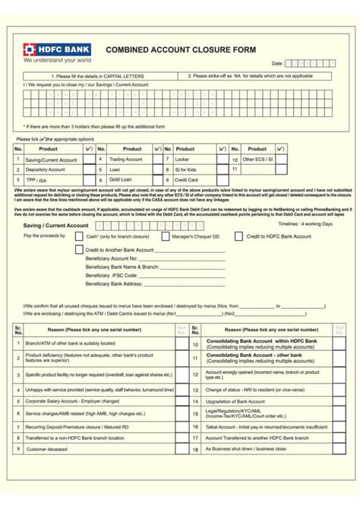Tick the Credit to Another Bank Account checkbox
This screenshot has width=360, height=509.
(x=80, y=249)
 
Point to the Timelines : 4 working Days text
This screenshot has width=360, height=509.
(x=305, y=224)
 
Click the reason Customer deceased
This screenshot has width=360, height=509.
(x=47, y=449)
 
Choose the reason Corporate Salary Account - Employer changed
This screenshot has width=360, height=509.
(x=72, y=400)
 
